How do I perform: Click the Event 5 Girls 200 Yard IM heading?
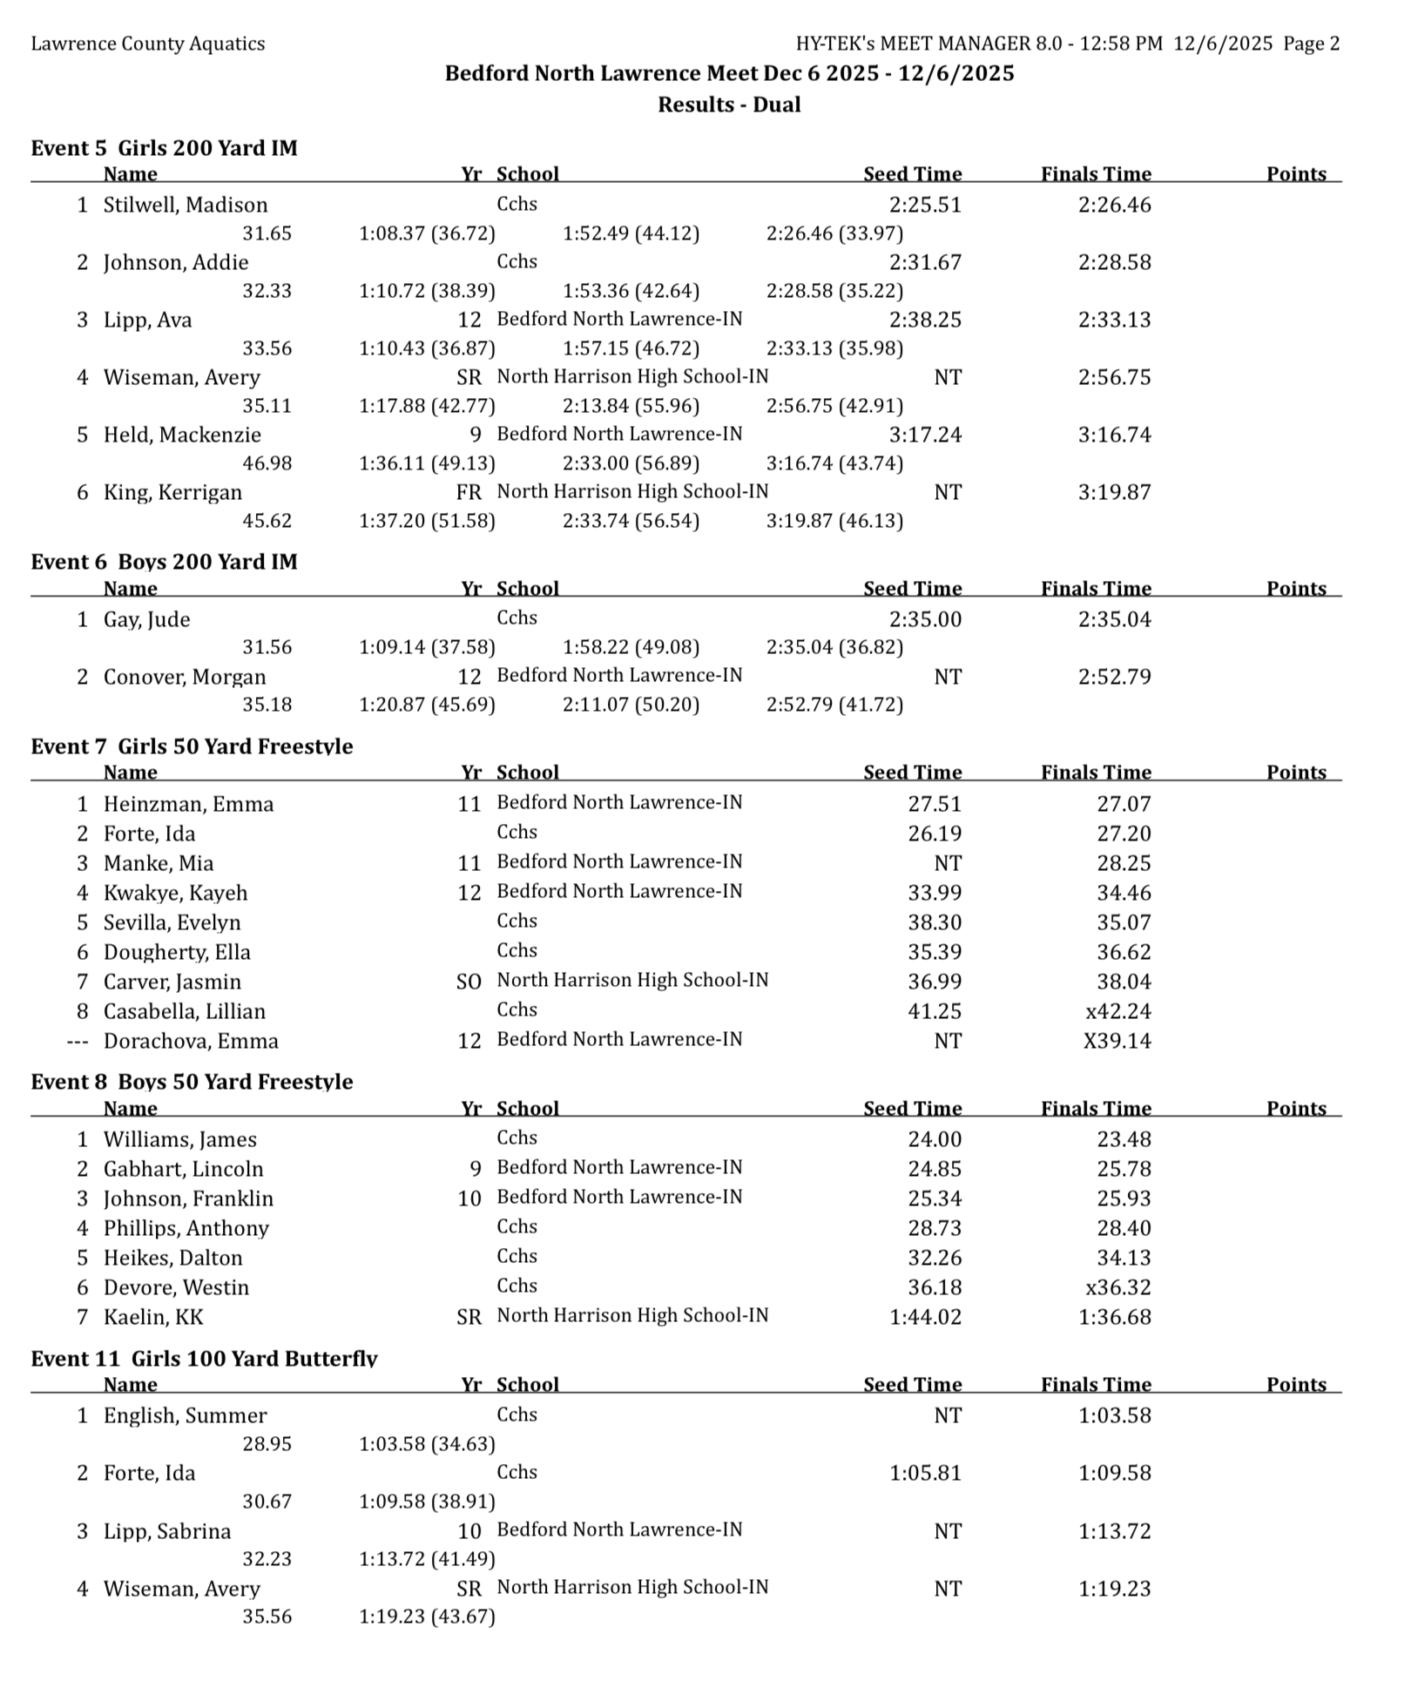tap(164, 148)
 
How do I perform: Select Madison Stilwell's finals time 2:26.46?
tap(1114, 205)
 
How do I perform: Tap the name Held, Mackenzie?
tap(182, 435)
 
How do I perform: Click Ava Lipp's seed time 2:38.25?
tap(925, 320)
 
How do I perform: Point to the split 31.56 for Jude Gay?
tap(267, 647)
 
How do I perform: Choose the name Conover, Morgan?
tap(185, 677)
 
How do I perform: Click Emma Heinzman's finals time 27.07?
tap(1124, 804)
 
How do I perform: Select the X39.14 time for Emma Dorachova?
tap(1117, 1041)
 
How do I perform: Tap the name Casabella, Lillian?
tap(185, 1011)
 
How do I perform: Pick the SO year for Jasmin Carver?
tap(469, 982)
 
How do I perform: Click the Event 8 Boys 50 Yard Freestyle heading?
tap(192, 1082)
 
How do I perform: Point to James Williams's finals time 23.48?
tap(1124, 1139)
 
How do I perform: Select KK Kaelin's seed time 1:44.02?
tap(925, 1317)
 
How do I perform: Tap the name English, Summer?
tap(185, 1415)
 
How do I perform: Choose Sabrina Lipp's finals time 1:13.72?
tap(1114, 1531)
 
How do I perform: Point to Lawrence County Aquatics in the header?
tap(148, 44)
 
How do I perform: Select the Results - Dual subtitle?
tap(729, 105)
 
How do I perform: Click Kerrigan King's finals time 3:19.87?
tap(1114, 492)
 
